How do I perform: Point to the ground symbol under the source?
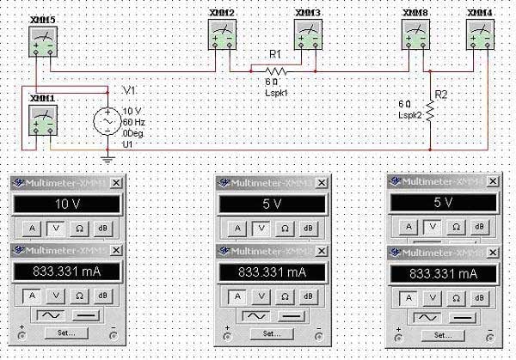107,157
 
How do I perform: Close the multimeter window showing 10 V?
118,182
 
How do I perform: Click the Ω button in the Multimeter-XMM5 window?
79,295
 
